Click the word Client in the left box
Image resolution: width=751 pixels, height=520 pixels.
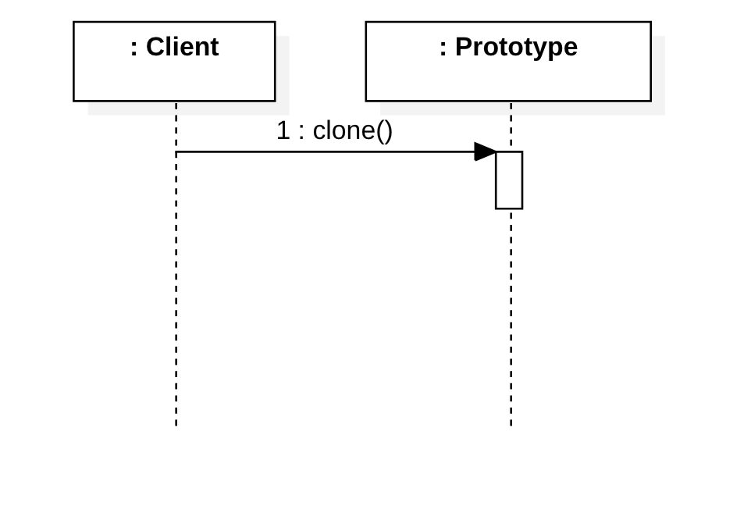click(x=182, y=47)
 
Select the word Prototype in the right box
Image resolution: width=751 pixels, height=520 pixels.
click(x=516, y=47)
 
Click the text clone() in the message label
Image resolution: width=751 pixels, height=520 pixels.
click(x=352, y=130)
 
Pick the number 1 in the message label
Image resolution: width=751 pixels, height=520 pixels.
click(x=283, y=130)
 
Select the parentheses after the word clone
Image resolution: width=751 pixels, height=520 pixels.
click(x=384, y=130)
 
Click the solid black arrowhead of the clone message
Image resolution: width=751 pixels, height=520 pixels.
click(x=485, y=151)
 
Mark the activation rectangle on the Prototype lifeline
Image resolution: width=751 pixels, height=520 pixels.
click(x=509, y=180)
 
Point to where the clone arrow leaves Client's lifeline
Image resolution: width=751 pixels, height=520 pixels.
click(x=176, y=151)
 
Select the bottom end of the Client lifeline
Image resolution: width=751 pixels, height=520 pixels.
click(x=176, y=424)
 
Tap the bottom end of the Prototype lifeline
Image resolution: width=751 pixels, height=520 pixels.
click(x=511, y=424)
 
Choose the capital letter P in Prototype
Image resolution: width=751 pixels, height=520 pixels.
click(x=463, y=47)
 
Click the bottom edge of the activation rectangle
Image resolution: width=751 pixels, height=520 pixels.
click(x=509, y=208)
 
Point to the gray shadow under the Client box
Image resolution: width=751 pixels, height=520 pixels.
click(x=187, y=109)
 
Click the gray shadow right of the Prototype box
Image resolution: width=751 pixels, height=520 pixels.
click(x=658, y=74)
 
